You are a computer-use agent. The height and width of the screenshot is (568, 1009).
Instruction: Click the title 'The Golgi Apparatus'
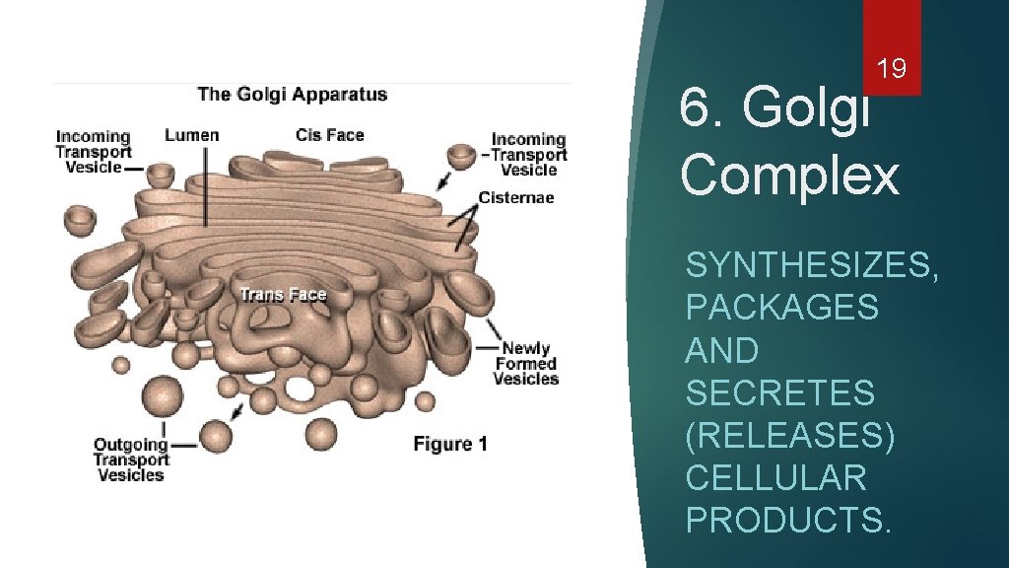(x=292, y=95)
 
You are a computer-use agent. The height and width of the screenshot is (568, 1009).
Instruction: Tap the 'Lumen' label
(x=191, y=135)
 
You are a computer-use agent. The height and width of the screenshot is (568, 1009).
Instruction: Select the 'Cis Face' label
(x=329, y=135)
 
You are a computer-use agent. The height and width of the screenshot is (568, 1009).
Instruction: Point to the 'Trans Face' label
(x=283, y=295)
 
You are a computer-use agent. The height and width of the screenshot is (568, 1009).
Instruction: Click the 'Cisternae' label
(x=516, y=197)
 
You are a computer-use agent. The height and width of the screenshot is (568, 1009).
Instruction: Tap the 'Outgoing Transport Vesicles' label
(x=130, y=460)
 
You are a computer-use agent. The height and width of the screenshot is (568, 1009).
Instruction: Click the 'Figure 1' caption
(x=449, y=444)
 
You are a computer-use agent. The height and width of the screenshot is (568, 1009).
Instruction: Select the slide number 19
(x=892, y=68)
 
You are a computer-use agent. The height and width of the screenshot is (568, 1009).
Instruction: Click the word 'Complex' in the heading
(x=789, y=175)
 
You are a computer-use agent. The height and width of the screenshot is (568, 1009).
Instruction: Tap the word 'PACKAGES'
(x=781, y=308)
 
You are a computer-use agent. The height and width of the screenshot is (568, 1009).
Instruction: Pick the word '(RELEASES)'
(x=789, y=435)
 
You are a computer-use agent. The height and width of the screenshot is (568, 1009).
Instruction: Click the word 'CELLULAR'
(x=775, y=477)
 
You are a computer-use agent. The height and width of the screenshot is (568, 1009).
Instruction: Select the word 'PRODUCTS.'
(x=788, y=520)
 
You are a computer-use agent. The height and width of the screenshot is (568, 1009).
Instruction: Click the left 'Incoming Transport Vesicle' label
(x=93, y=152)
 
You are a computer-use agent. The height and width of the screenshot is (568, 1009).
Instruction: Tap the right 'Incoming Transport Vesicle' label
(x=529, y=155)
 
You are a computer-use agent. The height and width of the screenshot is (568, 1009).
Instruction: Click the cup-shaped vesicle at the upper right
(x=460, y=156)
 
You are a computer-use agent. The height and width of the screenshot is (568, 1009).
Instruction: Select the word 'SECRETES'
(x=779, y=392)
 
